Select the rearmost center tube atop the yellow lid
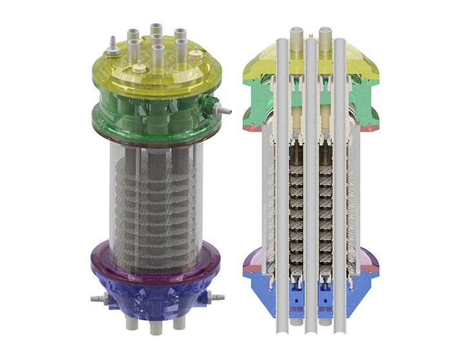(157, 30)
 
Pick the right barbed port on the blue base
(217, 296)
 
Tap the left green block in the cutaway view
(257, 106)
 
